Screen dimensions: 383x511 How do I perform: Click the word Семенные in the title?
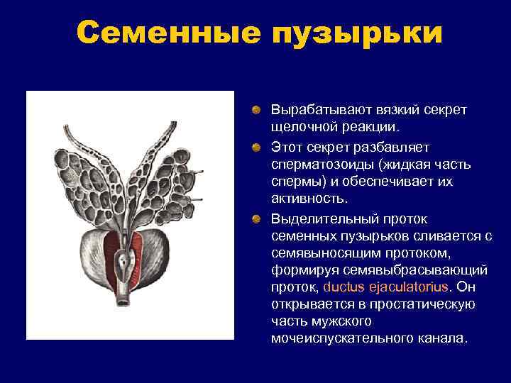pyautogui.click(x=167, y=33)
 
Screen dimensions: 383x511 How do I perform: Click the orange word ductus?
pyautogui.click(x=344, y=287)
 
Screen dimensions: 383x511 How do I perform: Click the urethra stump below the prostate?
pyautogui.click(x=122, y=301)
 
